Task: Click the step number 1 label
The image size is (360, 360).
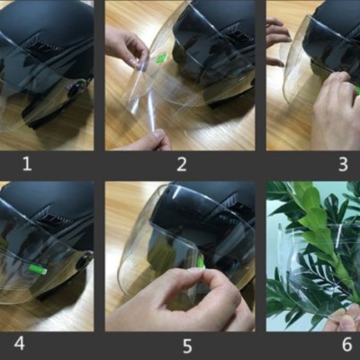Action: tap(27, 164)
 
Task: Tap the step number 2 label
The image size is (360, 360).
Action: tap(182, 164)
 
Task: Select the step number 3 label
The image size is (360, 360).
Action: tap(343, 164)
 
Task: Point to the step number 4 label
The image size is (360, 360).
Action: tap(19, 343)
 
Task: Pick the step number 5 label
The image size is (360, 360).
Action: tap(187, 346)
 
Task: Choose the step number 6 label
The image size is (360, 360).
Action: tap(346, 344)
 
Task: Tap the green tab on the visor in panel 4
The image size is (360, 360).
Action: tap(38, 269)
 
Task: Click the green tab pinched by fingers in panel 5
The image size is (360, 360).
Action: tap(201, 265)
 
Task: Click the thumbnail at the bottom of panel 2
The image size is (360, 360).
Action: tap(158, 135)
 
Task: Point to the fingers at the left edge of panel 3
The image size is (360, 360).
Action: tap(277, 40)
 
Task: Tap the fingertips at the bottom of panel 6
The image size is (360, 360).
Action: tap(344, 319)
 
